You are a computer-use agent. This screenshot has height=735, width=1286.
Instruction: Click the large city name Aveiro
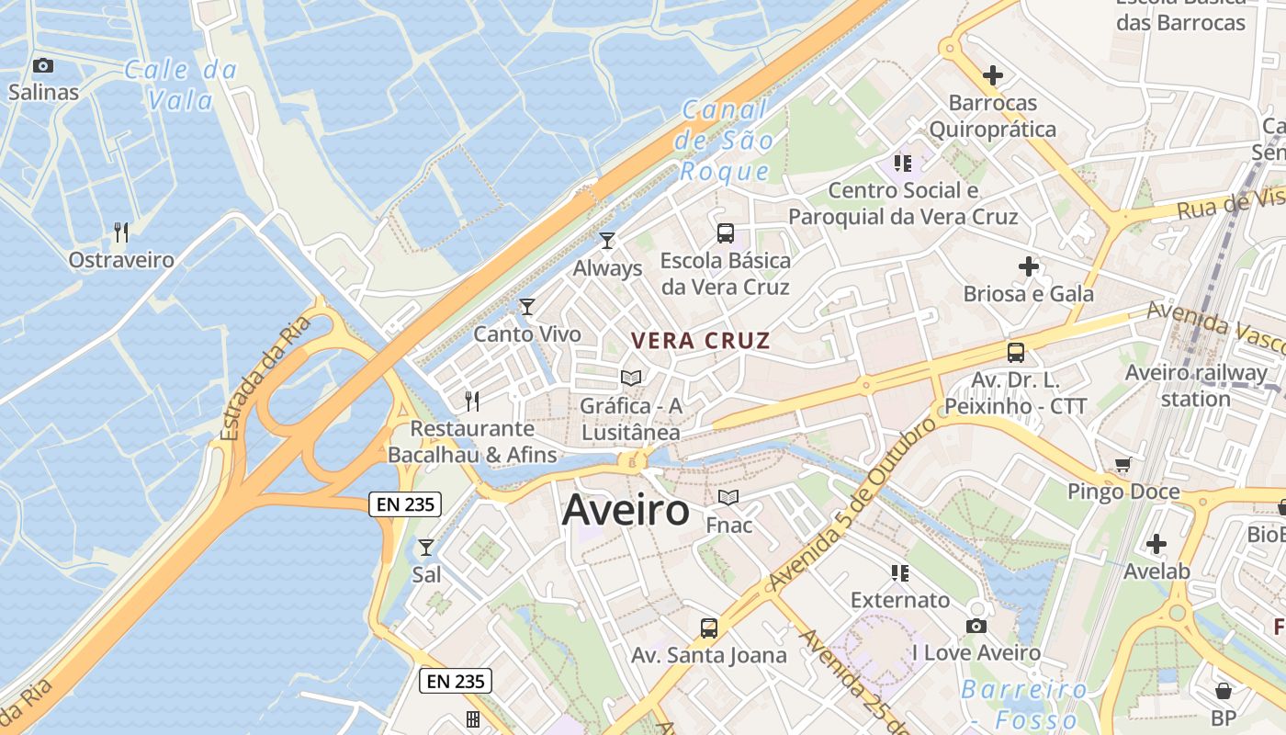pyautogui.click(x=626, y=510)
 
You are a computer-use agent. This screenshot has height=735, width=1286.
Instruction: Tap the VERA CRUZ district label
pyautogui.click(x=700, y=341)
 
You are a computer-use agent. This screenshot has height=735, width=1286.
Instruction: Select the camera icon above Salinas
pyautogui.click(x=43, y=65)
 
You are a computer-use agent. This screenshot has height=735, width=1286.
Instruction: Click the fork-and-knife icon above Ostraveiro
pyautogui.click(x=120, y=232)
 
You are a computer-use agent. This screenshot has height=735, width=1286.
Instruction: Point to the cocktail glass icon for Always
pyautogui.click(x=606, y=241)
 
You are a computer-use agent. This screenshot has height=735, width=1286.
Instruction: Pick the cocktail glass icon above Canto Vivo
pyautogui.click(x=526, y=307)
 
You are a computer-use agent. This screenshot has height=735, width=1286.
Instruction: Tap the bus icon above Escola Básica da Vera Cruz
pyautogui.click(x=725, y=232)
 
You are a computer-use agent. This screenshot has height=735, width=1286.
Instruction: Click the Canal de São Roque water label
pyautogui.click(x=725, y=141)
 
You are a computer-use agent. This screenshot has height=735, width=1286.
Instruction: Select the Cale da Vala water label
pyautogui.click(x=180, y=85)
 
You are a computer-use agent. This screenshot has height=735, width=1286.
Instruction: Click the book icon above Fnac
pyautogui.click(x=728, y=497)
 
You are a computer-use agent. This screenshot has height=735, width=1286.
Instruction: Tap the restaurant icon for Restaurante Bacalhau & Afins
pyautogui.click(x=471, y=401)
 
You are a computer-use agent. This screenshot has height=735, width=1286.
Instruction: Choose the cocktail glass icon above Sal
pyautogui.click(x=426, y=548)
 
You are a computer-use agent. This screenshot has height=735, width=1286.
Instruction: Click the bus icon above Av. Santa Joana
pyautogui.click(x=708, y=628)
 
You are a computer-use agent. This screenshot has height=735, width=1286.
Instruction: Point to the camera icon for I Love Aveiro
pyautogui.click(x=976, y=626)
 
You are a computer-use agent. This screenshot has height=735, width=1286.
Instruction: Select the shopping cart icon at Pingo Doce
pyautogui.click(x=1122, y=464)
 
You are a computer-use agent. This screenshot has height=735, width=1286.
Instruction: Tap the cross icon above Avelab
pyautogui.click(x=1156, y=544)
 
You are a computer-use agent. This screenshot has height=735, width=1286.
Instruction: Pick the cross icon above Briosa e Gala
pyautogui.click(x=1028, y=267)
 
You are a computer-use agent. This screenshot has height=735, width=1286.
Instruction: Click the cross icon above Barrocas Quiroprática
pyautogui.click(x=992, y=75)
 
